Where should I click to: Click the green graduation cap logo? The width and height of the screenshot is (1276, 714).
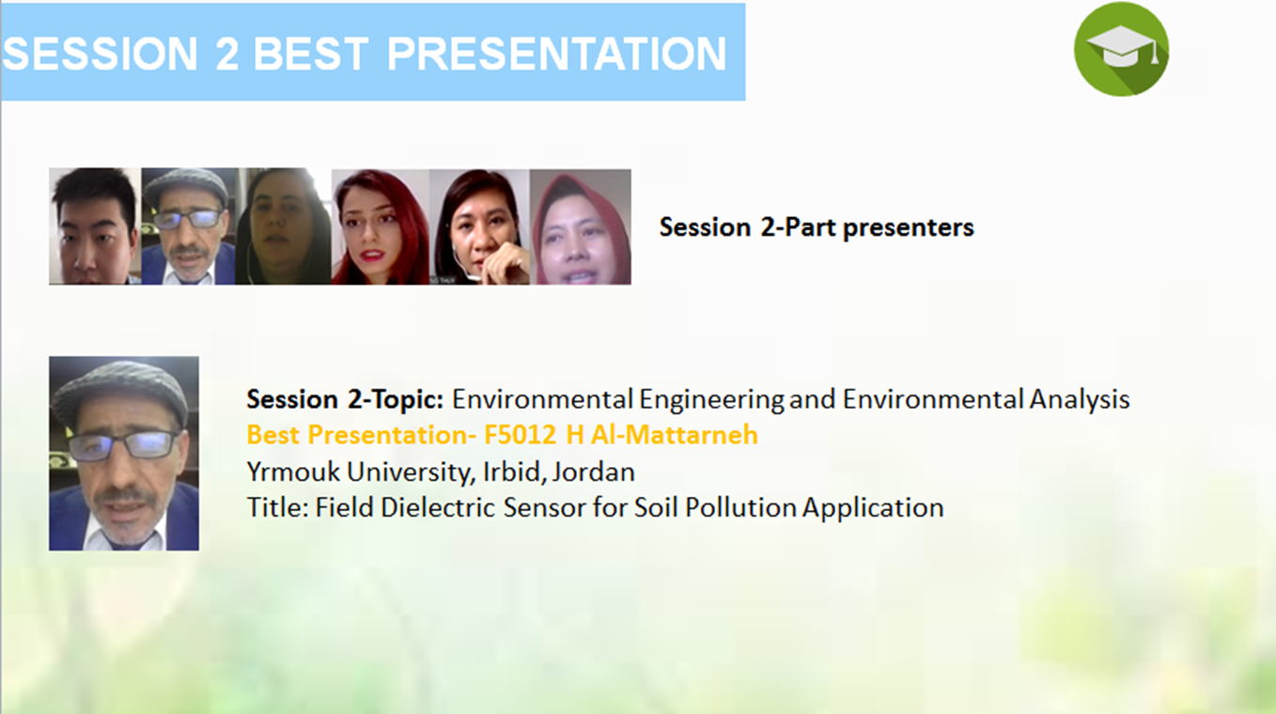[1121, 49]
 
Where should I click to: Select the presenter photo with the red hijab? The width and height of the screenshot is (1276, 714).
[581, 226]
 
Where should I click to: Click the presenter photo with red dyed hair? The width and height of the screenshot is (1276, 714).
[381, 226]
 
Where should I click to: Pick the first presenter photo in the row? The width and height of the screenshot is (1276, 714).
[95, 226]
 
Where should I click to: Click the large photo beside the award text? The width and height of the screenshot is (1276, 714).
[124, 453]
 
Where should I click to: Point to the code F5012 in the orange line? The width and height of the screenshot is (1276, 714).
[520, 435]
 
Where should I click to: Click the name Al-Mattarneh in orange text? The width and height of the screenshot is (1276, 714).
[674, 435]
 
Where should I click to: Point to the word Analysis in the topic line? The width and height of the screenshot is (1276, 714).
[1080, 399]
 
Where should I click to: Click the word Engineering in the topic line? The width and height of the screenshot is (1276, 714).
[711, 399]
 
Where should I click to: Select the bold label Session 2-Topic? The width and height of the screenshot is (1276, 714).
[345, 399]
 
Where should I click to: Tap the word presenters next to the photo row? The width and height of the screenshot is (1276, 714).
[908, 227]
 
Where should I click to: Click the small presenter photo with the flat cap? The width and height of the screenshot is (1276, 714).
[188, 226]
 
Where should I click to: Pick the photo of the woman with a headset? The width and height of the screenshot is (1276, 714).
[479, 226]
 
